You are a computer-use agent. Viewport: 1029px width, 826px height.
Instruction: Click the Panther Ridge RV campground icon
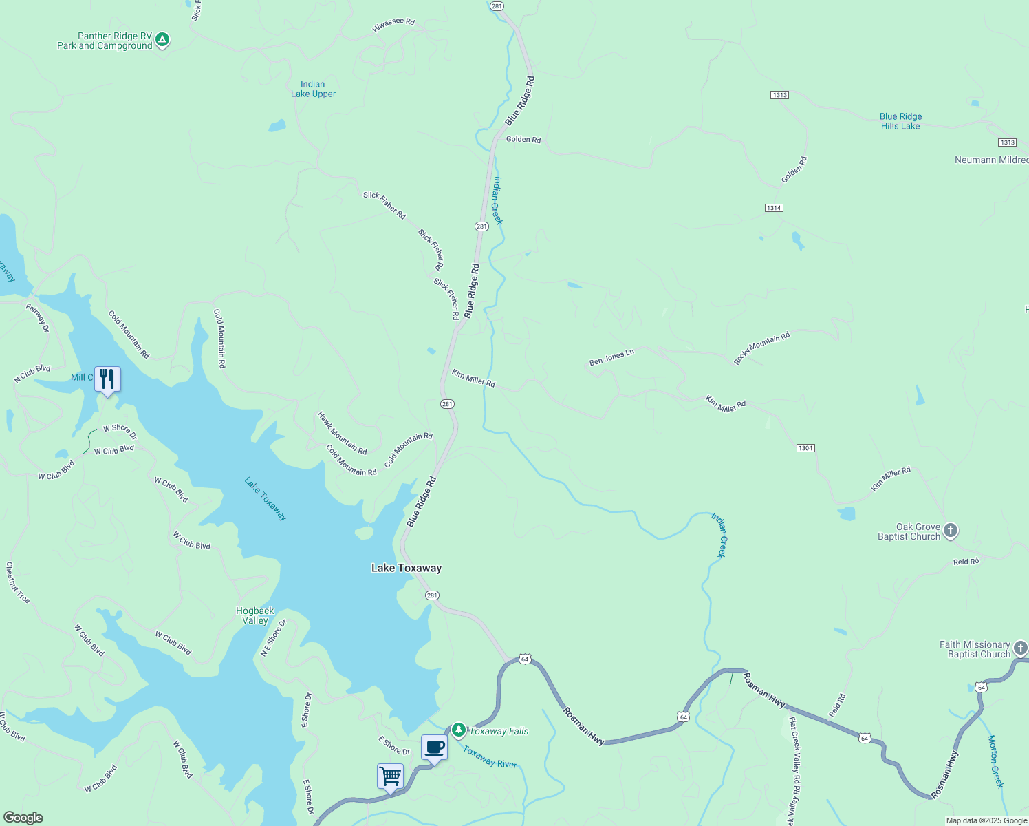coord(162,40)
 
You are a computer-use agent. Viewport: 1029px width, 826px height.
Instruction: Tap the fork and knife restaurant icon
coord(107,379)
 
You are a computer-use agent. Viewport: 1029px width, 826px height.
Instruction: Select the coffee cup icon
coord(434,748)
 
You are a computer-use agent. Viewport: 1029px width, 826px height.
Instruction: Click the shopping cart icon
coord(390,776)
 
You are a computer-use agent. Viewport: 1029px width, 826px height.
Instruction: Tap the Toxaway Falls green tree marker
coord(458,730)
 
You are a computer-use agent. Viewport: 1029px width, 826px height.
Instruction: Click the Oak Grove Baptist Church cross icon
coord(951,531)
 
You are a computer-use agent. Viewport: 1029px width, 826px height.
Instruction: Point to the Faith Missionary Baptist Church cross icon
coord(1021,648)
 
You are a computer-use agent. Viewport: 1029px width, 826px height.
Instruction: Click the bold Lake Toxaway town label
coord(407,568)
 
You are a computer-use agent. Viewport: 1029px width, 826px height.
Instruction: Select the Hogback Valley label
coord(255,615)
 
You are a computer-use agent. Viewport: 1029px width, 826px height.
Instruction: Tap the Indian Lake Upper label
coord(313,89)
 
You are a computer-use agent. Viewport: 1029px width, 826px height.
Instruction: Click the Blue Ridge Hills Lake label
coord(900,121)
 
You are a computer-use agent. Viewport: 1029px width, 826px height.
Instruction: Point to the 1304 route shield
coord(805,448)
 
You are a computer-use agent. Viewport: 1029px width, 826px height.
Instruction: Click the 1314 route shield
coord(774,208)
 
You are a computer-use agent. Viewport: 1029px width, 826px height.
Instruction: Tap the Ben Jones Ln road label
coord(611,357)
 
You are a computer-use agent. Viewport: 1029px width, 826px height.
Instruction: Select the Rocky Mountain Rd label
coord(761,348)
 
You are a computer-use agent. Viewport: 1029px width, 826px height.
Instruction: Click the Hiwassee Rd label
coord(393,25)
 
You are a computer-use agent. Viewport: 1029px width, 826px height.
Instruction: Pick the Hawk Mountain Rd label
coord(342,433)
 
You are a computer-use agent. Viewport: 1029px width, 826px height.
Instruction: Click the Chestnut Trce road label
coord(18,582)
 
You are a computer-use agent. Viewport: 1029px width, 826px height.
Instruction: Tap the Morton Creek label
coord(996,761)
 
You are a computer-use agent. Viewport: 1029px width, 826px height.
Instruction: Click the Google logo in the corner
coord(23,818)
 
